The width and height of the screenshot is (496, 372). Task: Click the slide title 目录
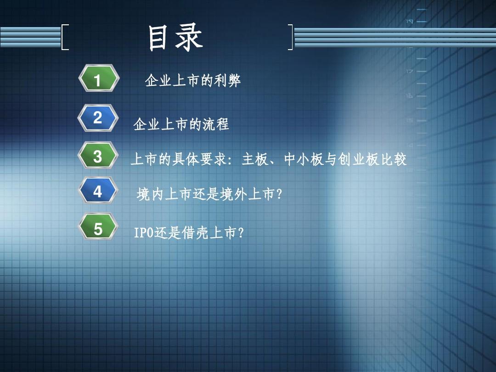(175, 38)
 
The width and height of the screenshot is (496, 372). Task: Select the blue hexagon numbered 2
(98, 118)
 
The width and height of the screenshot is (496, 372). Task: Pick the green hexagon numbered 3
(98, 157)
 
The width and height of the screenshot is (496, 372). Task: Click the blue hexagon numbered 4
(98, 191)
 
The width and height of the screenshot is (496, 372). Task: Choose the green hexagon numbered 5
(98, 228)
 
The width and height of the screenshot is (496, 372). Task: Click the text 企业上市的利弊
(193, 81)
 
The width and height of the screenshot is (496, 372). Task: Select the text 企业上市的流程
(181, 124)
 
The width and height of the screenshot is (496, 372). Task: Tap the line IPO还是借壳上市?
(188, 233)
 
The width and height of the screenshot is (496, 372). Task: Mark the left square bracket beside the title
(65, 37)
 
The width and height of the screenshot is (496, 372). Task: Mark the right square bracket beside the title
(290, 37)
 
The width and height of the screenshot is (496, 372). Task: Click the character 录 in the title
(189, 38)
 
